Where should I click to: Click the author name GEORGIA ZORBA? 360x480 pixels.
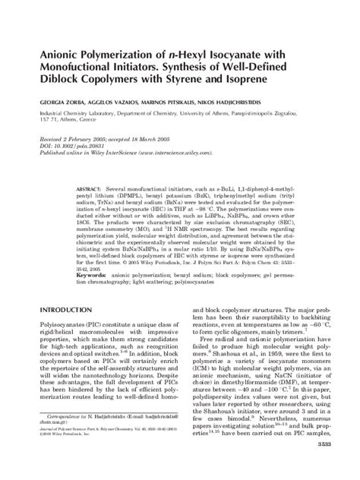click(55, 99)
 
